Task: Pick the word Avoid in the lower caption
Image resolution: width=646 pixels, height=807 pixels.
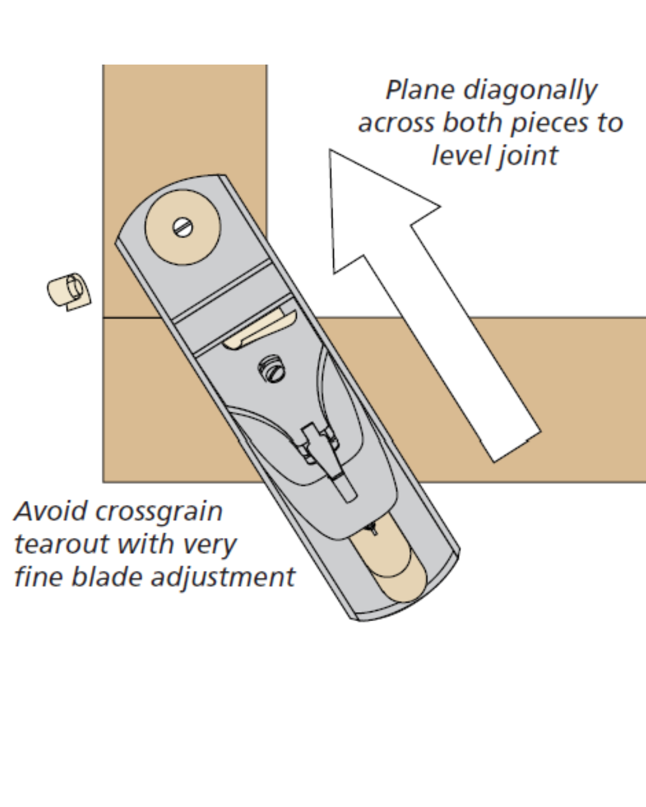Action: click(x=50, y=512)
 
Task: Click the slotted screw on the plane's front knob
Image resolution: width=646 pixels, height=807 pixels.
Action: click(x=182, y=227)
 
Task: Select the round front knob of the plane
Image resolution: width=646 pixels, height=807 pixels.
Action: click(x=182, y=227)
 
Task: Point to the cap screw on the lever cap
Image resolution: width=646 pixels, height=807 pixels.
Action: click(x=273, y=371)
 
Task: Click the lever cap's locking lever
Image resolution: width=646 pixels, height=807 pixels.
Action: click(x=326, y=457)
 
